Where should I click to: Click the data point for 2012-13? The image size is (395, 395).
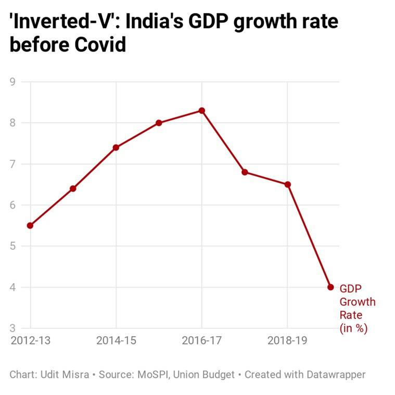click(30, 225)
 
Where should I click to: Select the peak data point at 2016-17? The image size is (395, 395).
click(202, 111)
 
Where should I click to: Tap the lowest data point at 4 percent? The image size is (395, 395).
click(330, 287)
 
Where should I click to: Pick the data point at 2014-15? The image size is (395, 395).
click(116, 148)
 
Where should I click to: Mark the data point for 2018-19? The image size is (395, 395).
click(287, 184)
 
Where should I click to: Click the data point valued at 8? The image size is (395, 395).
click(159, 123)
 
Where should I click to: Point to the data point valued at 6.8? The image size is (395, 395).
click(245, 172)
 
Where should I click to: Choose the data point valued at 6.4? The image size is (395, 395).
click(73, 188)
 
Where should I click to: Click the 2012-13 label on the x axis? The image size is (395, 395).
click(30, 341)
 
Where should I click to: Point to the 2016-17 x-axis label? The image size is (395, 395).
click(202, 341)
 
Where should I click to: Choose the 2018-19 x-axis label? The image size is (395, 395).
click(287, 341)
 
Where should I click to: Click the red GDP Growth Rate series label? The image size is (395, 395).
click(357, 308)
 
